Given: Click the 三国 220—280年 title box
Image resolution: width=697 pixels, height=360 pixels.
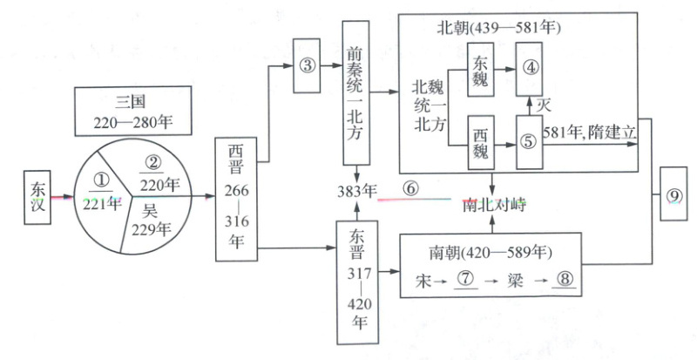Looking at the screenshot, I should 133,110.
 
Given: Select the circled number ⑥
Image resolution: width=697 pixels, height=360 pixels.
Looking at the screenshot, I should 410,187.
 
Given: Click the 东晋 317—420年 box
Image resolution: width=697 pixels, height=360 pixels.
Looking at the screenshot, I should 355,282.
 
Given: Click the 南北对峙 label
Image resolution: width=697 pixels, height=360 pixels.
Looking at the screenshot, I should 493,205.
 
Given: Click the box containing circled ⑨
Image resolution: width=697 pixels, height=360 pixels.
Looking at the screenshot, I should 673,195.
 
